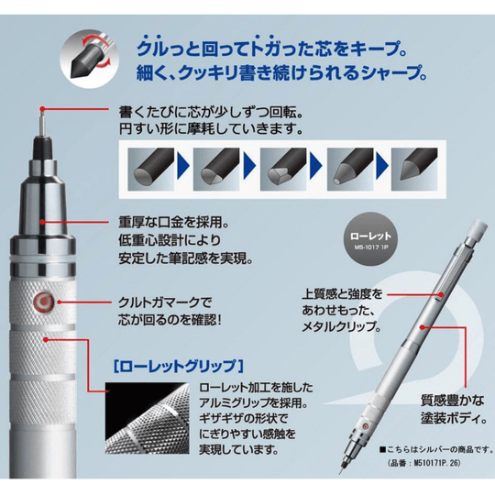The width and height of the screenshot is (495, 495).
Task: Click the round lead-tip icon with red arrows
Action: (89, 59)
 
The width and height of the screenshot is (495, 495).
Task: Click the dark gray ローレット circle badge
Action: (370, 239)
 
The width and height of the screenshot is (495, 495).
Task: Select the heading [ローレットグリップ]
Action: (179, 366)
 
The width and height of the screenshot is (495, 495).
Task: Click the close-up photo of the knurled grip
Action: (147, 419)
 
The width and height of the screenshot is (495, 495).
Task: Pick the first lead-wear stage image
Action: (151, 170)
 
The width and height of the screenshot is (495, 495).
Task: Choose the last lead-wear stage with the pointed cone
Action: (414, 170)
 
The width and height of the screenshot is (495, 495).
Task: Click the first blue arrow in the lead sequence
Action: (182, 166)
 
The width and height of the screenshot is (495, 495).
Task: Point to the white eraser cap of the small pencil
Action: (478, 231)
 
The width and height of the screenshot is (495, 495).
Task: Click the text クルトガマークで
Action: (164, 302)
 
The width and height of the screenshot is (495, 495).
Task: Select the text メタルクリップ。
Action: (341, 326)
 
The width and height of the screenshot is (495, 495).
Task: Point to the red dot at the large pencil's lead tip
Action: (41, 109)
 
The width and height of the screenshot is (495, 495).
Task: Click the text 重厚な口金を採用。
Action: (173, 223)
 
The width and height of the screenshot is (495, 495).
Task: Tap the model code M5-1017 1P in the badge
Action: (370, 247)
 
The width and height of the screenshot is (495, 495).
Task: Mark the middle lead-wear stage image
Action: (283, 170)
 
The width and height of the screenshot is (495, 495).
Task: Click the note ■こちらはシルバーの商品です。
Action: (436, 449)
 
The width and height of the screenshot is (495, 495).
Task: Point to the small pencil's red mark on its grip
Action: (366, 426)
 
